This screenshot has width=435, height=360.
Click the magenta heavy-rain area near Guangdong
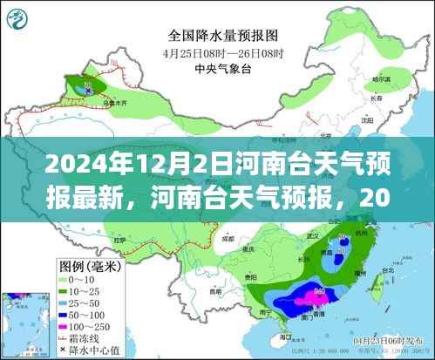307,299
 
